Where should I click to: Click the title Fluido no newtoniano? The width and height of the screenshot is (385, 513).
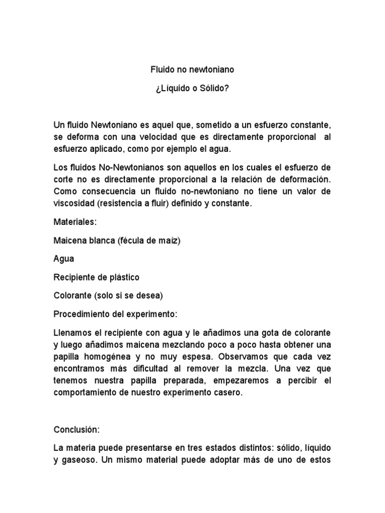pyautogui.click(x=192, y=70)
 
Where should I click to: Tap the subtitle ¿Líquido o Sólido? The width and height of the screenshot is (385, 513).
pyautogui.click(x=192, y=89)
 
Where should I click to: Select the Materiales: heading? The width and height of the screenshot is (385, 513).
pyautogui.click(x=74, y=222)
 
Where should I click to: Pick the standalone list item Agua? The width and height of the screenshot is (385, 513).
pyautogui.click(x=64, y=259)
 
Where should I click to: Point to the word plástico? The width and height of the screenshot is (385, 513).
pyautogui.click(x=122, y=277)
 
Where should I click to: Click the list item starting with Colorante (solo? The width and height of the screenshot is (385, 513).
pyautogui.click(x=108, y=296)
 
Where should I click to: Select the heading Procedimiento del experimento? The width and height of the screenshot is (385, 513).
pyautogui.click(x=115, y=314)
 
